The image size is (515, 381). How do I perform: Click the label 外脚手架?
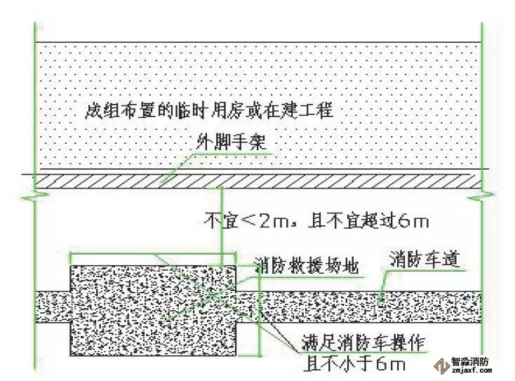(230, 142)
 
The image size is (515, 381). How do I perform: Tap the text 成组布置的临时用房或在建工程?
(209, 111)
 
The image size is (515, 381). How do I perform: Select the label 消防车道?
(424, 260)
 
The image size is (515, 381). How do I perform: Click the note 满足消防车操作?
(363, 342)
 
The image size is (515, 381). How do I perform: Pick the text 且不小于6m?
(354, 364)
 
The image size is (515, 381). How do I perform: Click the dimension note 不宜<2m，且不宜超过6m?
(316, 221)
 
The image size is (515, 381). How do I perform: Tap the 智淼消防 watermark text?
(470, 362)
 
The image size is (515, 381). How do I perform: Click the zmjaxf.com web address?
(471, 370)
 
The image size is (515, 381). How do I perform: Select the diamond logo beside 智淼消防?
(442, 366)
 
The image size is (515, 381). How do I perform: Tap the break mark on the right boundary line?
(482, 197)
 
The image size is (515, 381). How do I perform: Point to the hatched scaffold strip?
(255, 181)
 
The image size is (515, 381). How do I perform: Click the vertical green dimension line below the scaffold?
(222, 226)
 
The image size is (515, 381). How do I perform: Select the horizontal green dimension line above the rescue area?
(154, 253)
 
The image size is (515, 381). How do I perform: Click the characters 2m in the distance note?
(275, 222)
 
